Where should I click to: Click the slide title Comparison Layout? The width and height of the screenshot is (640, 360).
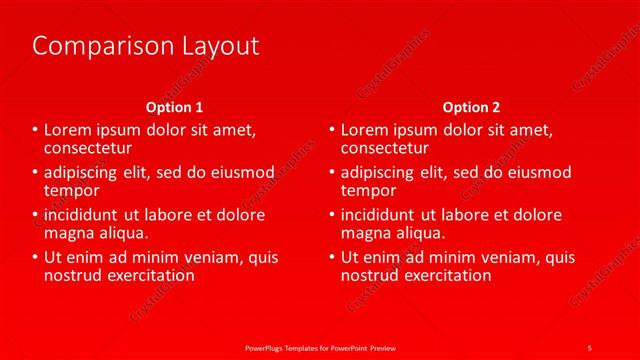(x=145, y=46)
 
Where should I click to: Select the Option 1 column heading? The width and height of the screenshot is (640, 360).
(x=174, y=107)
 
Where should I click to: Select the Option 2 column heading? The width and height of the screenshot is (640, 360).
(x=471, y=107)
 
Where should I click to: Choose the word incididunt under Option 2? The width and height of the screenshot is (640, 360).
(x=384, y=215)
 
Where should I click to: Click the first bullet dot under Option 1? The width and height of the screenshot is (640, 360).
(x=35, y=131)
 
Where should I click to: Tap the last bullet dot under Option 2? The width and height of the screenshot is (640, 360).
(x=333, y=258)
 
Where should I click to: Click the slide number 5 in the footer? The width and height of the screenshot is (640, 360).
(x=589, y=347)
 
